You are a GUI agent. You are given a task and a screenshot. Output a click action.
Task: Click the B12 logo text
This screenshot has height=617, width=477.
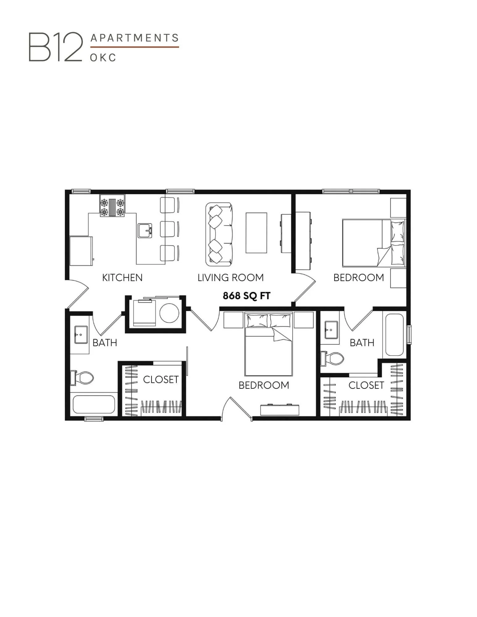(x=56, y=47)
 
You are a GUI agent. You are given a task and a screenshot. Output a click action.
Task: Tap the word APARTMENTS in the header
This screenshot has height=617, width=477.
(x=135, y=38)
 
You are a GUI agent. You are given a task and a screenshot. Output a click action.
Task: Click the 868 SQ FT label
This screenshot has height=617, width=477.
(x=246, y=296)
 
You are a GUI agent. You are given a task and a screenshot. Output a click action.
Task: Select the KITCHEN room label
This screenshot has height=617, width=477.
(x=122, y=278)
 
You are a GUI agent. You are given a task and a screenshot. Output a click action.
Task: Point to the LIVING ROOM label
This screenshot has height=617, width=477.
(x=230, y=278)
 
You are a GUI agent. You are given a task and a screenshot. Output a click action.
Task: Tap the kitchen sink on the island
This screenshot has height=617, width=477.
(x=145, y=230)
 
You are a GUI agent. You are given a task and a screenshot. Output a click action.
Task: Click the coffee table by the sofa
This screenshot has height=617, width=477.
(x=256, y=233)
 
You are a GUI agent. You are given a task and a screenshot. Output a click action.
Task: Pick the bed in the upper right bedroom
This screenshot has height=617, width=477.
(x=373, y=243)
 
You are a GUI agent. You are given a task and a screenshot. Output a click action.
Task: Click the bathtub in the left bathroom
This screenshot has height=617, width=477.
(x=94, y=404)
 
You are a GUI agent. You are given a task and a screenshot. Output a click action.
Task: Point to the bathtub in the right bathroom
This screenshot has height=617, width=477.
(x=394, y=334)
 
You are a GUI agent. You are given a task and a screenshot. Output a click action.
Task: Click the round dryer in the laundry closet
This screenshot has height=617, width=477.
(x=169, y=313)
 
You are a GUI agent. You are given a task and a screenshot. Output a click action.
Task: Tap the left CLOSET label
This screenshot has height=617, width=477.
(x=161, y=379)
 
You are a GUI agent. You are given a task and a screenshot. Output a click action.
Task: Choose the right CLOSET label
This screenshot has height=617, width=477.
(x=366, y=385)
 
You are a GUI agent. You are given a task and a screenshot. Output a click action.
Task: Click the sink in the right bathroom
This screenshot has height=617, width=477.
(x=331, y=329)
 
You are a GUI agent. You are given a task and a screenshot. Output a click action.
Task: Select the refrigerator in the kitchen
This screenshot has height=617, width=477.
(x=81, y=251)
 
